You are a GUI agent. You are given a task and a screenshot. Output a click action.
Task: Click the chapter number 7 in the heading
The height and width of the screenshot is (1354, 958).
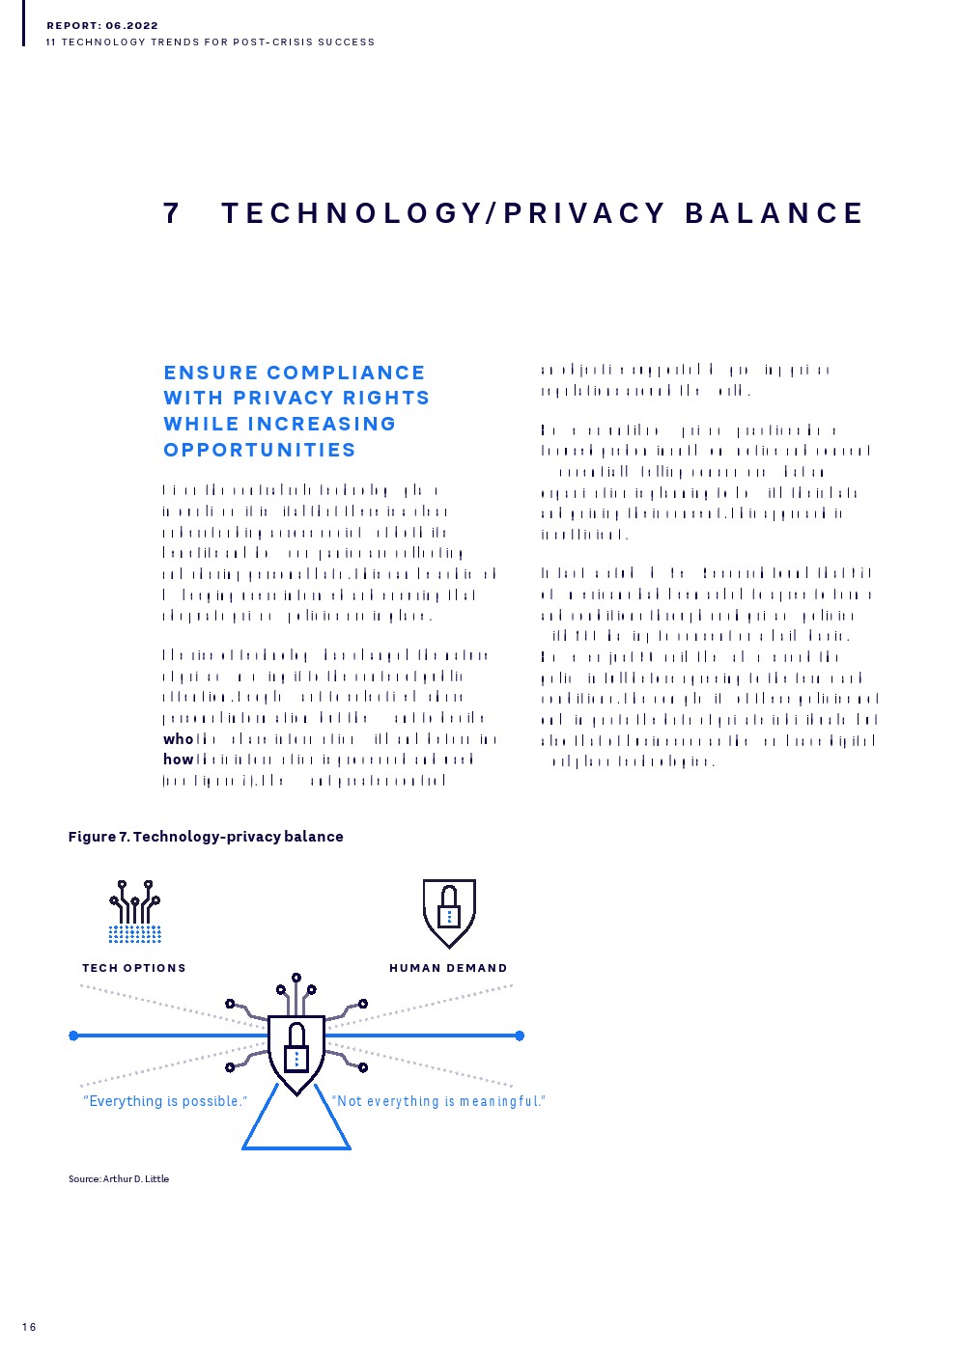click(172, 213)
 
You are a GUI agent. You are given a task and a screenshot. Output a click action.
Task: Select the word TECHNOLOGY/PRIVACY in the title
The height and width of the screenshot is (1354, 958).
click(443, 213)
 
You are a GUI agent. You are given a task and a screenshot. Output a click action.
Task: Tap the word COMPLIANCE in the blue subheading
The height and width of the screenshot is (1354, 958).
click(346, 373)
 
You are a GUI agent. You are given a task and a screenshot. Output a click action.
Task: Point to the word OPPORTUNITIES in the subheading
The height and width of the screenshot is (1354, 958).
click(260, 450)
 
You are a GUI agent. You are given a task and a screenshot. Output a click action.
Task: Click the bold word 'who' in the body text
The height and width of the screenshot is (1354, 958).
click(178, 739)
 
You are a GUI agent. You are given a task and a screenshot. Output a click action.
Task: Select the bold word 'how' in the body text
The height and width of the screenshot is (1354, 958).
click(178, 760)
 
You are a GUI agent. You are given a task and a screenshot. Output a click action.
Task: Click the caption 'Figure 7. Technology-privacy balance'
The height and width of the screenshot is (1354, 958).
click(206, 837)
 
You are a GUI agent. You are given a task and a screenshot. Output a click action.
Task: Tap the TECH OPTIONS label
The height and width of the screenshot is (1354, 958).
click(134, 968)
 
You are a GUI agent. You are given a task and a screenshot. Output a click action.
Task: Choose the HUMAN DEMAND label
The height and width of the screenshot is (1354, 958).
click(448, 968)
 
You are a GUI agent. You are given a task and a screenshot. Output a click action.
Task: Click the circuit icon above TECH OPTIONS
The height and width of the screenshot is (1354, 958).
click(135, 910)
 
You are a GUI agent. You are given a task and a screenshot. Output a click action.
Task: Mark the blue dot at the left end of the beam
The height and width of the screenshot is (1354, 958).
click(73, 1036)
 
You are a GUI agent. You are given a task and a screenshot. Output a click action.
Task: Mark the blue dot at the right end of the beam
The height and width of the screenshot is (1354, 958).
click(520, 1036)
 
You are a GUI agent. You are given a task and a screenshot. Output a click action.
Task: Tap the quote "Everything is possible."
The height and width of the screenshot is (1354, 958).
click(165, 1101)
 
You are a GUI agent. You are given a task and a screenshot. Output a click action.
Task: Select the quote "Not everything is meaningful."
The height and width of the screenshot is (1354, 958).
click(438, 1101)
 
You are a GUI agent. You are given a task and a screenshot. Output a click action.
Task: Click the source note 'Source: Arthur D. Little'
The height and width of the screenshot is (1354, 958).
click(119, 1178)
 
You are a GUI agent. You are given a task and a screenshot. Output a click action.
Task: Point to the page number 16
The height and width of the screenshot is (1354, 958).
click(29, 1327)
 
